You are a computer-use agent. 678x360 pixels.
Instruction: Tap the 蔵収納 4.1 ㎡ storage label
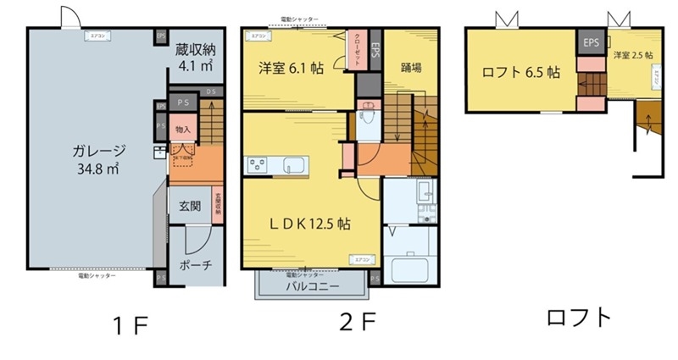[194, 57]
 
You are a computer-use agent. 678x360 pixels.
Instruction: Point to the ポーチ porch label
[195, 263]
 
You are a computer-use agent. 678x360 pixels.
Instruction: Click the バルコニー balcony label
[310, 286]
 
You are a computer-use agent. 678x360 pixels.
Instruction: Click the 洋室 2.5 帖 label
[632, 55]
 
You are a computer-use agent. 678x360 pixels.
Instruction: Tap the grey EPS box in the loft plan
[590, 41]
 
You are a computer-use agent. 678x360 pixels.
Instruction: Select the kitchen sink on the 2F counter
[297, 164]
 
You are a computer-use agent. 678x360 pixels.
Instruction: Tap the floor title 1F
[130, 324]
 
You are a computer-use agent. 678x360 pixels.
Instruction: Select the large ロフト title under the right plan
[578, 319]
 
